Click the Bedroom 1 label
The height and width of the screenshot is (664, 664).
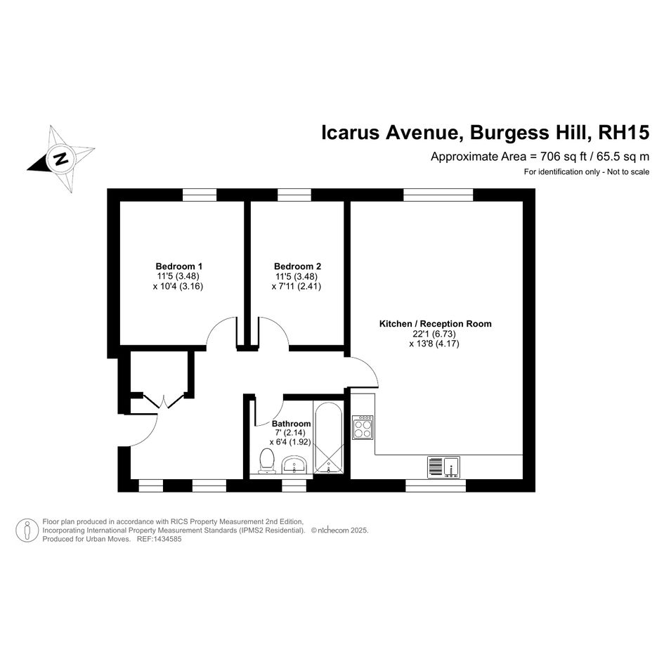pyautogui.click(x=178, y=266)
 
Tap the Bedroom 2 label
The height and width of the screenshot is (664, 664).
pyautogui.click(x=297, y=266)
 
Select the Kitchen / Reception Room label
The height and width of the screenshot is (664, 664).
pyautogui.click(x=436, y=324)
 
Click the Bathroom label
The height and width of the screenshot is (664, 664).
pyautogui.click(x=292, y=424)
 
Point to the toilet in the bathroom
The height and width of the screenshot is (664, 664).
pyautogui.click(x=267, y=461)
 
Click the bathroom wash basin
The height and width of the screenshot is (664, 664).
pyautogui.click(x=294, y=464)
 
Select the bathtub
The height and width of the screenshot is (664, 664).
pyautogui.click(x=329, y=438)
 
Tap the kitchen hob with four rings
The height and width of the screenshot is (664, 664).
pyautogui.click(x=363, y=427)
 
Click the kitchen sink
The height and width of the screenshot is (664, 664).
pyautogui.click(x=443, y=467)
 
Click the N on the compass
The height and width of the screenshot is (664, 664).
pyautogui.click(x=61, y=159)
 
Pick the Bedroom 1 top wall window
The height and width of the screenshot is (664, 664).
pyautogui.click(x=200, y=195)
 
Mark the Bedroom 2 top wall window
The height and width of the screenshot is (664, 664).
pyautogui.click(x=294, y=195)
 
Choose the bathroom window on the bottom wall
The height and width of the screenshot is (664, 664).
pyautogui.click(x=294, y=486)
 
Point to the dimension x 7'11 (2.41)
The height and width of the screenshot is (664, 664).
pyautogui.click(x=297, y=286)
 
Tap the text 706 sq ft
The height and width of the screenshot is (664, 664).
pyautogui.click(x=564, y=157)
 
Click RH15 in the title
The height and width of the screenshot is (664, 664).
pyautogui.click(x=623, y=132)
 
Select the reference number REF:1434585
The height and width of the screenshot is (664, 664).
pyautogui.click(x=160, y=539)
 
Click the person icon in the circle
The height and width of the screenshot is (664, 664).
pyautogui.click(x=27, y=530)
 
